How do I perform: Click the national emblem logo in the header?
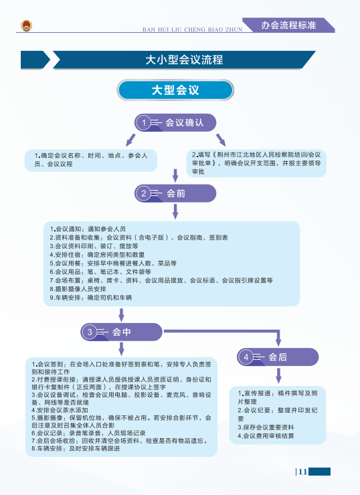(x=27, y=25)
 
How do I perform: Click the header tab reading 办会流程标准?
(x=288, y=25)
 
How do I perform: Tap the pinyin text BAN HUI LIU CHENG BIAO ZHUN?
(x=192, y=29)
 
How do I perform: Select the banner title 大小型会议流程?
(x=184, y=60)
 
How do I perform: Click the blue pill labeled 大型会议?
(x=175, y=90)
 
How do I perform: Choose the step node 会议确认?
(x=175, y=122)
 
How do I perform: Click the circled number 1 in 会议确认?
(x=144, y=122)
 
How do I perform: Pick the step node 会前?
(x=175, y=193)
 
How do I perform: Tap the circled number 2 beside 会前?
(x=144, y=193)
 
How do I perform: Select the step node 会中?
(x=121, y=332)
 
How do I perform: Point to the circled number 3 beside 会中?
(x=90, y=332)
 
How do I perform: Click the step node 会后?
(x=278, y=357)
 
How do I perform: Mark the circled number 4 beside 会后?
(x=246, y=357)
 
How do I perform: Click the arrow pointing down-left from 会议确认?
(x=130, y=140)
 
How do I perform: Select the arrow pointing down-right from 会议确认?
(x=221, y=140)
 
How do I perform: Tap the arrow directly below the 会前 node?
(x=175, y=211)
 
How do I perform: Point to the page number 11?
(x=303, y=472)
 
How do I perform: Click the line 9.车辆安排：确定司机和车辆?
(x=90, y=298)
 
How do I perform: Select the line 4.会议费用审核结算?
(x=266, y=436)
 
